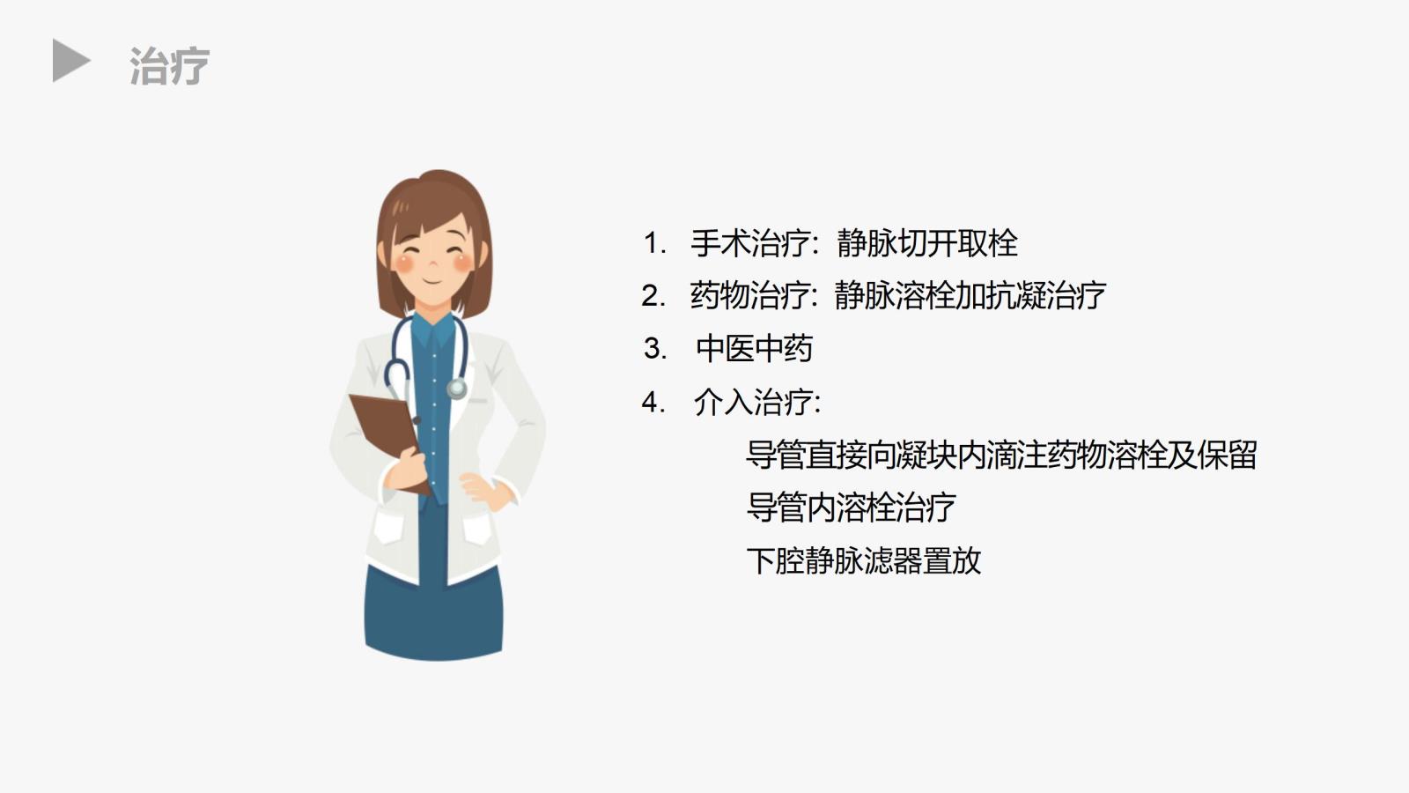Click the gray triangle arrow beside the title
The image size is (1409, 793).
point(70,61)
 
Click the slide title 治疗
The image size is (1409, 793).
point(169,65)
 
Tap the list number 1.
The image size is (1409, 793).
point(653,243)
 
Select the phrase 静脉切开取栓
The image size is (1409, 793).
point(927,243)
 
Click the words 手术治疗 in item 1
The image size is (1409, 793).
point(750,243)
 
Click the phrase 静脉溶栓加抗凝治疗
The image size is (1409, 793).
point(970,295)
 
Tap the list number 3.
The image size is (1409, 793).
point(654,349)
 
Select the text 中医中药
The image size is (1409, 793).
point(754,348)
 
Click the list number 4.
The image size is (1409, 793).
point(653,402)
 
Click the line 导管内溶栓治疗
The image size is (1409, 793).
point(851,507)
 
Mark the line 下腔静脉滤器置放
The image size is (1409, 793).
point(864,560)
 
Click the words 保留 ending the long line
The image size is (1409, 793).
point(1228,455)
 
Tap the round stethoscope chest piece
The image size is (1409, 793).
point(457,388)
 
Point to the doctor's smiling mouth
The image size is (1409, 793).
point(432,280)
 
